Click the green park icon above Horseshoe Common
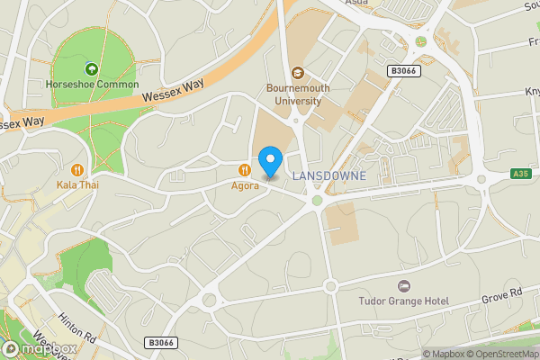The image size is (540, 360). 90,69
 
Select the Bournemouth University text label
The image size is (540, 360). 293,94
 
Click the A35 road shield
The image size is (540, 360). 520,173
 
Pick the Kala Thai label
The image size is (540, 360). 77,184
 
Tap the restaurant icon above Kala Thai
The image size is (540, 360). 78,168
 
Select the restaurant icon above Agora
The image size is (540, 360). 244,169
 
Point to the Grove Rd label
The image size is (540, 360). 502,293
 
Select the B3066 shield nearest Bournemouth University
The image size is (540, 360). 402,70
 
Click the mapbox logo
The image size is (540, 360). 40,349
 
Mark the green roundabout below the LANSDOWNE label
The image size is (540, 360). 317,201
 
